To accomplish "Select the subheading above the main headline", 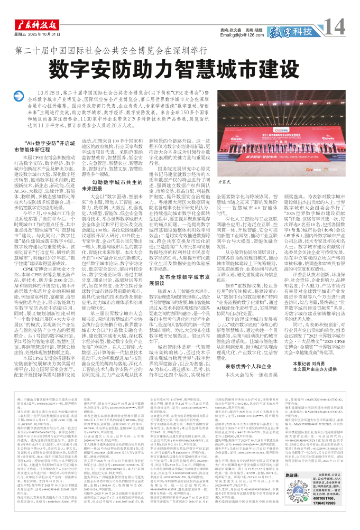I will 179,52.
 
